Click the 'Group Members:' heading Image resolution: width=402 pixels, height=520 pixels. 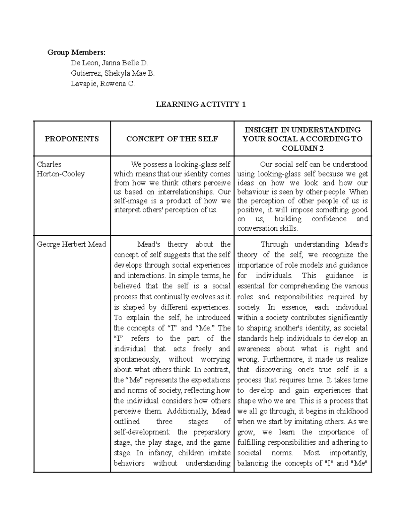pos(76,52)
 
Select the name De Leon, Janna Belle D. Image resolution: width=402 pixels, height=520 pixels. pos(109,63)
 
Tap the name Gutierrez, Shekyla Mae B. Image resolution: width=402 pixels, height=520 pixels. pos(113,73)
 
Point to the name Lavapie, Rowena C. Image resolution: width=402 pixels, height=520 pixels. pos(103,84)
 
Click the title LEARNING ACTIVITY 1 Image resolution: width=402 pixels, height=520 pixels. pos(201,104)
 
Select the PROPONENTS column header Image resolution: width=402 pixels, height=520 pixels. pos(72,139)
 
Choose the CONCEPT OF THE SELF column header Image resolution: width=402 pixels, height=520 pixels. pos(172,139)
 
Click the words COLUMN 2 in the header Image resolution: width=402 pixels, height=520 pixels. pos(303,148)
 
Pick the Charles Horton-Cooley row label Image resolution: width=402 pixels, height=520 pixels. pos(61,169)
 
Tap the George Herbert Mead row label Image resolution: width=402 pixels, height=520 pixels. pos(71,244)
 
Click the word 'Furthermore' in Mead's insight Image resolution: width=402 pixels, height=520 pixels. pos(282,359)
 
